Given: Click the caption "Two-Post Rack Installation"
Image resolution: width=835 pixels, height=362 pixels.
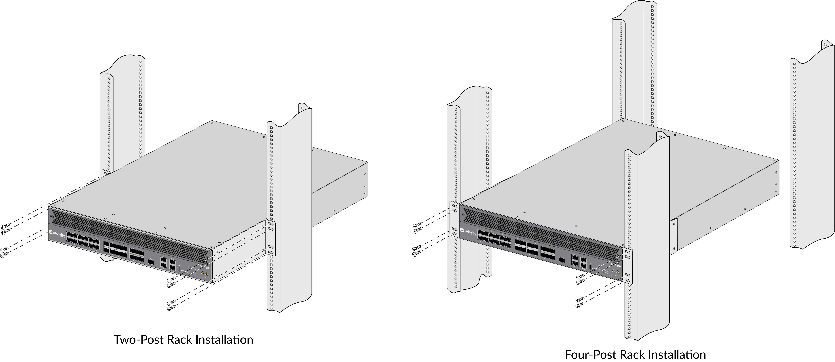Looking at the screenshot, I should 183,340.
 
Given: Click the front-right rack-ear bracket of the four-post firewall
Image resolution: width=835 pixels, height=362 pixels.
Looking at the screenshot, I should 628,266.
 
